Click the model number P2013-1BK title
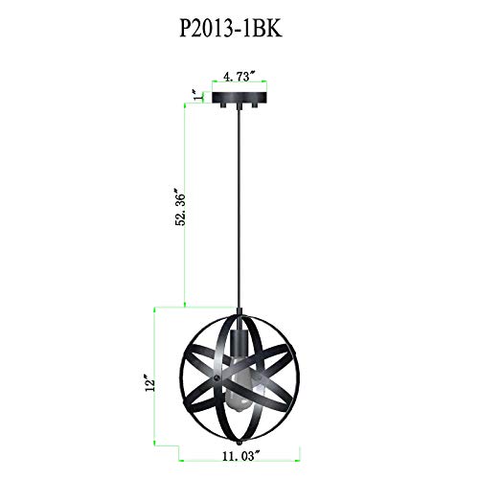(231, 30)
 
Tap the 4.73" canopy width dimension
(239, 77)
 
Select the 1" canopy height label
(198, 96)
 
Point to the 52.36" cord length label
(180, 210)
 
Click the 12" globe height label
(149, 382)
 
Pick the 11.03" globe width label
(239, 456)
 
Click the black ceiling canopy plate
(239, 98)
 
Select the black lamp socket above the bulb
(239, 343)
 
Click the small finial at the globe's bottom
(239, 444)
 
